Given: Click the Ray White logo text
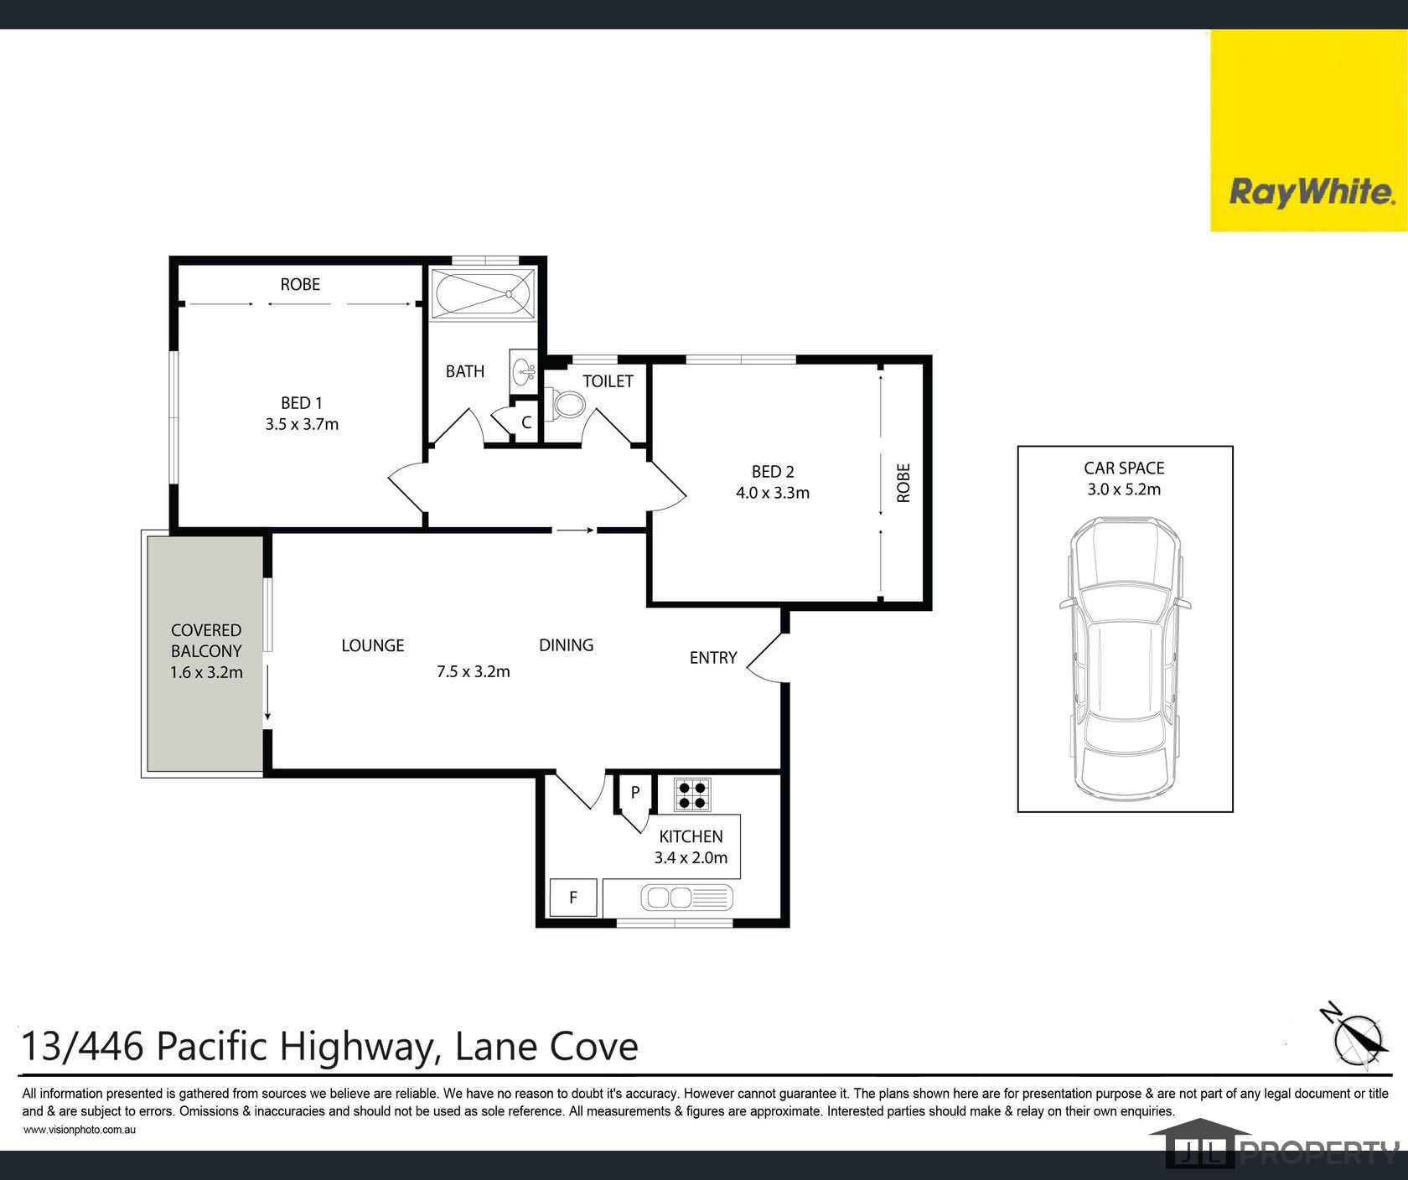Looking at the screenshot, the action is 1312,193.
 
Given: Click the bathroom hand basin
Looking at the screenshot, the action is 523,371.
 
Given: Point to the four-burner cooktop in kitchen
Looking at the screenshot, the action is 692,794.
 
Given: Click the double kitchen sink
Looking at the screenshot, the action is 686,898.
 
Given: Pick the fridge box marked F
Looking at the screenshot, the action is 573,898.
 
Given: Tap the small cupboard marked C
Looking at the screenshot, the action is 526,422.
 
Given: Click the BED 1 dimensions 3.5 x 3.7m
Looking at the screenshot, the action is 302,424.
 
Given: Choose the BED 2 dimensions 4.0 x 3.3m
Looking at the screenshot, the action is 773,493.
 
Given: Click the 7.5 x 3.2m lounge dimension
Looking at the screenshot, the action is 474,671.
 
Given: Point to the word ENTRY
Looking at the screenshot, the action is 713,658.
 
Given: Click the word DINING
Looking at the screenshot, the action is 567,645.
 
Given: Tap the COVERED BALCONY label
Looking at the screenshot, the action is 206,640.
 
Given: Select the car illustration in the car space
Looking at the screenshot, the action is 1125,659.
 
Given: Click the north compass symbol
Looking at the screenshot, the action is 1354,1036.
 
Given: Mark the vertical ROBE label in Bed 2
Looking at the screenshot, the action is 903,483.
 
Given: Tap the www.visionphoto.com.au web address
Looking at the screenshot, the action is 80,1130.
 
